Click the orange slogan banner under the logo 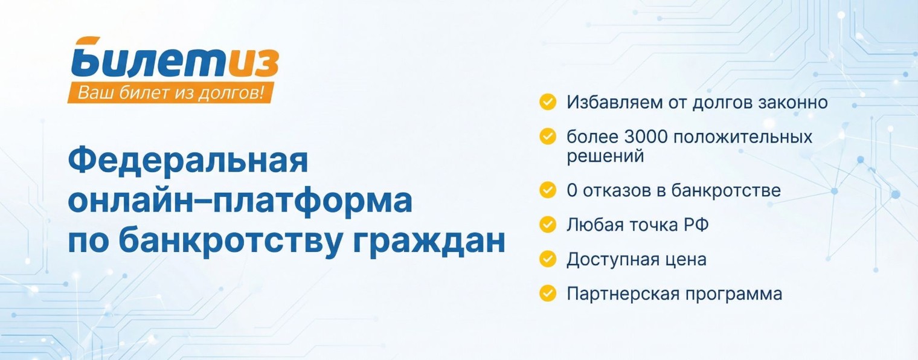pyautogui.click(x=171, y=93)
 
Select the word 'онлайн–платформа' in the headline pyautogui.click(x=240, y=202)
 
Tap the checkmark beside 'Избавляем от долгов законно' pyautogui.click(x=547, y=102)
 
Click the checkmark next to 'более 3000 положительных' pyautogui.click(x=547, y=137)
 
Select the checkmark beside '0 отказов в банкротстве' pyautogui.click(x=547, y=190)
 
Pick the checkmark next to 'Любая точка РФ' pyautogui.click(x=547, y=225)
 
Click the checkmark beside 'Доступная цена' pyautogui.click(x=547, y=259)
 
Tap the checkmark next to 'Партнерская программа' pyautogui.click(x=547, y=294)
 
